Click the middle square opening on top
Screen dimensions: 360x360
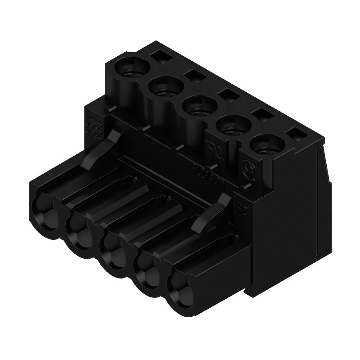click(x=225, y=95)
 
